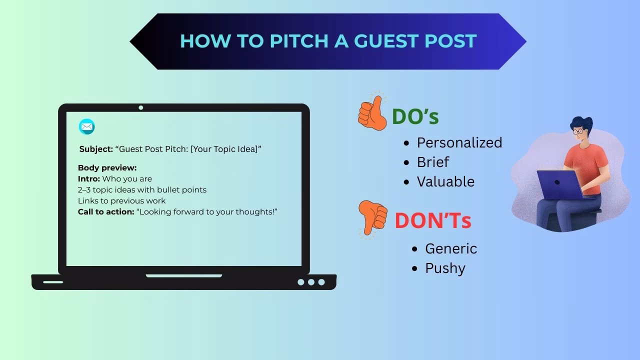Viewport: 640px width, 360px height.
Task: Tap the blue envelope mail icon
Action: point(87,127)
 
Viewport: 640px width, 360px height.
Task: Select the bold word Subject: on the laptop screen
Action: point(96,149)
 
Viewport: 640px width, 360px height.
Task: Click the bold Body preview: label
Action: point(107,168)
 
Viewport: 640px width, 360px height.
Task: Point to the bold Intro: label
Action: point(89,179)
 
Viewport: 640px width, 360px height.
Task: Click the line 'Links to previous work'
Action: point(121,201)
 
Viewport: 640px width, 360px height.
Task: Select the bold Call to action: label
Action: point(106,212)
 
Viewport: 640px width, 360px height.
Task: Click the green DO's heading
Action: point(415,116)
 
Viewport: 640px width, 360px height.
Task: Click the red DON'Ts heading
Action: point(433,220)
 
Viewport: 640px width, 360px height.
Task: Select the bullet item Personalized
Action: point(459,143)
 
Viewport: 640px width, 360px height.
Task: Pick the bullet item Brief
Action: point(433,162)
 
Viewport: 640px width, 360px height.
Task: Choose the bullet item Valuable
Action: point(445,181)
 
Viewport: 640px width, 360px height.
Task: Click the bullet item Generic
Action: point(451,248)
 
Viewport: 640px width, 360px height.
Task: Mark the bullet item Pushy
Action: point(445,268)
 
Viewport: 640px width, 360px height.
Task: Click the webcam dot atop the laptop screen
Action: point(141,107)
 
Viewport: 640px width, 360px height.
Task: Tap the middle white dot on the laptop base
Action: point(311,282)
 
